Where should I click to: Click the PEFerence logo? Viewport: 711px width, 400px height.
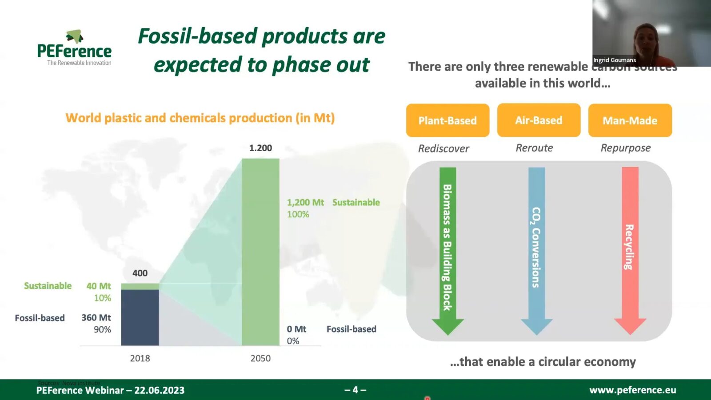pyautogui.click(x=75, y=48)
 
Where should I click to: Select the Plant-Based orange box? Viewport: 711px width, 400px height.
pyautogui.click(x=447, y=120)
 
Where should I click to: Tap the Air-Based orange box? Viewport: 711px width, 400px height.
pyautogui.click(x=539, y=120)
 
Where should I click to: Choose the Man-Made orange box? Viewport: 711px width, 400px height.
pyautogui.click(x=630, y=120)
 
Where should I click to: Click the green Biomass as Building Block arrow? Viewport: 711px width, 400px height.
pyautogui.click(x=447, y=249)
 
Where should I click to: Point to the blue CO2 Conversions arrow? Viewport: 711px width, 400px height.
pyautogui.click(x=536, y=249)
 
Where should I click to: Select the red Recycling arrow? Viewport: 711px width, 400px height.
pyautogui.click(x=630, y=249)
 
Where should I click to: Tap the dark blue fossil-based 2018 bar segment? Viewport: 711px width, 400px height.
pyautogui.click(x=140, y=317)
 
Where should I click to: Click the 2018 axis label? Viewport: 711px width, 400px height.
pyautogui.click(x=140, y=358)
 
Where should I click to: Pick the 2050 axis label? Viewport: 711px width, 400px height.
pyautogui.click(x=260, y=358)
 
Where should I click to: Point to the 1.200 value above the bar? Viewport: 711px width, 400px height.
pyautogui.click(x=260, y=148)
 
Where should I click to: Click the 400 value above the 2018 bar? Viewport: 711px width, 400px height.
pyautogui.click(x=140, y=273)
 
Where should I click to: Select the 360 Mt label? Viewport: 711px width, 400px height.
pyautogui.click(x=96, y=318)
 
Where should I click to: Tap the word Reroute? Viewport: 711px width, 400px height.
pyautogui.click(x=534, y=148)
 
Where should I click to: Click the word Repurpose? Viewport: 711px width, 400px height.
pyautogui.click(x=626, y=148)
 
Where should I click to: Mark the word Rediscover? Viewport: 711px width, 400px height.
pyautogui.click(x=443, y=148)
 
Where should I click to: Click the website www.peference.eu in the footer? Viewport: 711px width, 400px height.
pyautogui.click(x=632, y=390)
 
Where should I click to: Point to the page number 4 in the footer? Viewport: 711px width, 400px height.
pyautogui.click(x=355, y=390)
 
